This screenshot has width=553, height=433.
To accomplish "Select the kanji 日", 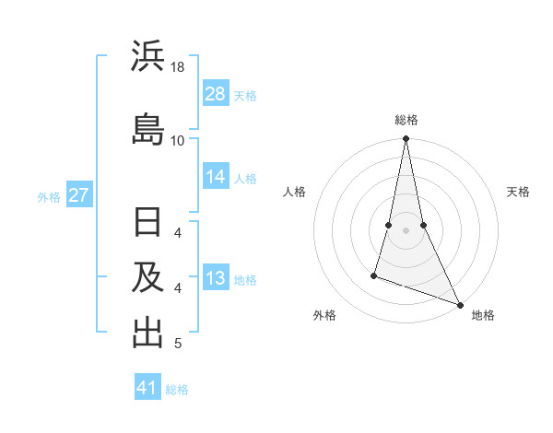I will (147, 224).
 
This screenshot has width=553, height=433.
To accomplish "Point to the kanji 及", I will (147, 279).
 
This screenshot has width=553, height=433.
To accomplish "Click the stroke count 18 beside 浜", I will (178, 68).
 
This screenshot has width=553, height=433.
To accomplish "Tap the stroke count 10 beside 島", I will (178, 141).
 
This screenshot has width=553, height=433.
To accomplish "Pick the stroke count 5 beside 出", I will (178, 345).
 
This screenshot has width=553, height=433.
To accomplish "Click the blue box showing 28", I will (216, 94).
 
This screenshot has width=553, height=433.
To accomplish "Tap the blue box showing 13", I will (216, 278).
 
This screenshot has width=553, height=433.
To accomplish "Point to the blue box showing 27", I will (78, 195).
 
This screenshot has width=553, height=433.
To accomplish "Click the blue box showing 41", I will (147, 388).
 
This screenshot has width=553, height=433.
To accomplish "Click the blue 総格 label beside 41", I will (177, 390).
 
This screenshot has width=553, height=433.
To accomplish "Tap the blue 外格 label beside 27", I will (49, 196).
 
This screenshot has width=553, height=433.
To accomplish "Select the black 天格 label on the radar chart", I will (518, 192).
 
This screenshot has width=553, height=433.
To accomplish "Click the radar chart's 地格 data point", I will (459, 305).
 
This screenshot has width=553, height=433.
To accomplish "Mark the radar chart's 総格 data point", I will (406, 139).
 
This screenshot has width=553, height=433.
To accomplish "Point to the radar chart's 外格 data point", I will (374, 275).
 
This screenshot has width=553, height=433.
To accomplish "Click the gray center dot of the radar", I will (406, 230).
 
